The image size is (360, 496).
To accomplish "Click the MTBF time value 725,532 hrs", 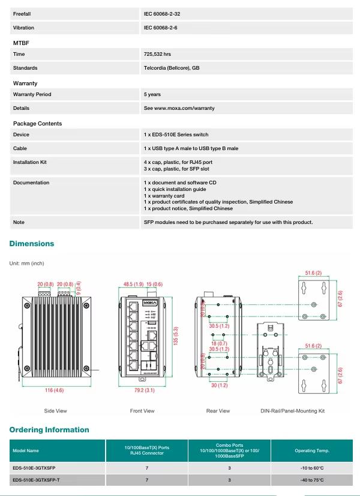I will [158, 55].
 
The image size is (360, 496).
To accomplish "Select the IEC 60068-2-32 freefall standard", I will [161, 13].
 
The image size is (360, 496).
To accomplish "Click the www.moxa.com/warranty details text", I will [179, 109].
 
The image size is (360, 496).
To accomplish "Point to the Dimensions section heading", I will [32, 244].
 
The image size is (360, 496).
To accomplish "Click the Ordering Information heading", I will [49, 430].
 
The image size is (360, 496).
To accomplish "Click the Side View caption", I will [55, 411].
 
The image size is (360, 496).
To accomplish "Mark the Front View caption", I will [142, 411].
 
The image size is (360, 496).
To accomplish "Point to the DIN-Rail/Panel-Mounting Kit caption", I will [292, 411].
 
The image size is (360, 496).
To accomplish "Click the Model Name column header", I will [25, 450].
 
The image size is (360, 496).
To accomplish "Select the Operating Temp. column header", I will [312, 450].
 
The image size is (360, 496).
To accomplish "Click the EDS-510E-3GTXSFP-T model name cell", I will [36, 480].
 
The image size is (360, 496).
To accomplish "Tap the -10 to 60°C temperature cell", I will [312, 467].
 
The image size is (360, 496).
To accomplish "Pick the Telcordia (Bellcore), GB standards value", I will [172, 68].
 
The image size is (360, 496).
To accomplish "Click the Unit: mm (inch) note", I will [26, 264].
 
